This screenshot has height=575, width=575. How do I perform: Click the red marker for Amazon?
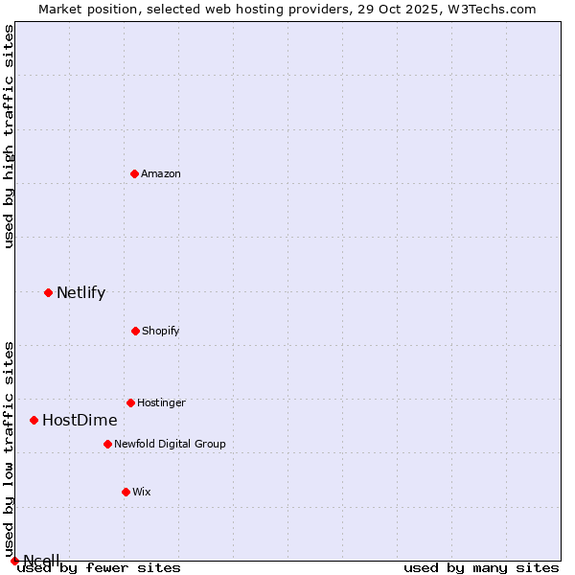click(x=134, y=173)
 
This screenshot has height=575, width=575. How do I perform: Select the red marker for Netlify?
click(x=48, y=292)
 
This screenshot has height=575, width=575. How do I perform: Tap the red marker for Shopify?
click(x=135, y=331)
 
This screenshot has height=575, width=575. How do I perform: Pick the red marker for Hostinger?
click(x=130, y=402)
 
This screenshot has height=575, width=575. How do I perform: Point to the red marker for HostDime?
click(x=34, y=420)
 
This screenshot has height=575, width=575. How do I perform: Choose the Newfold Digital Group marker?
click(x=107, y=444)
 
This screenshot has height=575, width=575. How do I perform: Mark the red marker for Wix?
click(x=126, y=492)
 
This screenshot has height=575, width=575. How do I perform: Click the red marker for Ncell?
click(x=14, y=561)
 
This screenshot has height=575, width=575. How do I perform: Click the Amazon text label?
click(x=161, y=173)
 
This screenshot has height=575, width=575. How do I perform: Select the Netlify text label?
click(x=80, y=293)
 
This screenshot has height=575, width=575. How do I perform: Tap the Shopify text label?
click(x=161, y=331)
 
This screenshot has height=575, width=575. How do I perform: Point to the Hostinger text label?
click(x=161, y=402)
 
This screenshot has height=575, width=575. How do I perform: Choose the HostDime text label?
click(x=80, y=421)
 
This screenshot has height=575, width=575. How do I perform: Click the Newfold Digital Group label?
click(x=170, y=444)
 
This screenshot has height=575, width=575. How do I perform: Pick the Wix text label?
click(x=142, y=492)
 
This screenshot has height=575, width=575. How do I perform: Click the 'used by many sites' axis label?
click(x=481, y=567)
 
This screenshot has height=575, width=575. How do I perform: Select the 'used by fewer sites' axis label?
click(x=99, y=567)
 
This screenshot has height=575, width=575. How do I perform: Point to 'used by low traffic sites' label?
click(x=10, y=448)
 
